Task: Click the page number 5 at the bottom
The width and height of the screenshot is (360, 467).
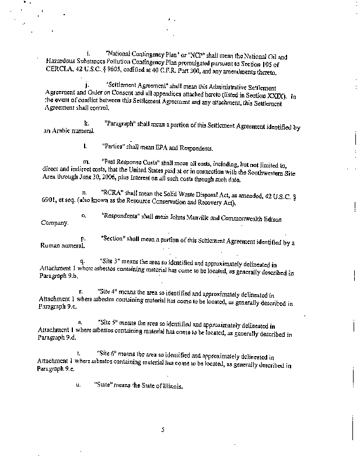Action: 163,430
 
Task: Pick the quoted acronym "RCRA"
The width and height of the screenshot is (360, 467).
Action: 111,191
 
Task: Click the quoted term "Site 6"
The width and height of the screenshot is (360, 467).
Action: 107,354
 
